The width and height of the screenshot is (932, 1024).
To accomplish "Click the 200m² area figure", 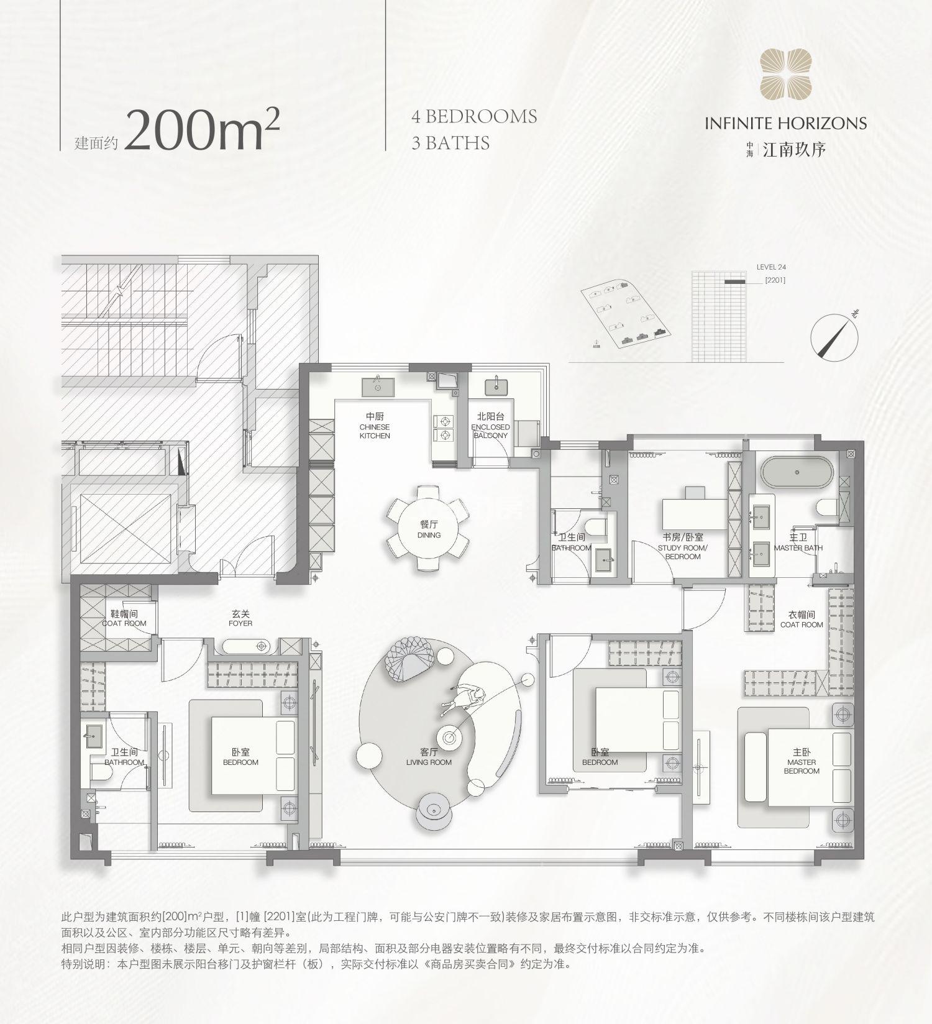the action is point(202,130).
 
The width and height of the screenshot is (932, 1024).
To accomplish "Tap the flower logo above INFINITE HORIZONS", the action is point(785,75).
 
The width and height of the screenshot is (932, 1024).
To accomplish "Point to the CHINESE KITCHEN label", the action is point(375,426).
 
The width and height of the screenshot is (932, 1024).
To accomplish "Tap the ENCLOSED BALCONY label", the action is point(490,426).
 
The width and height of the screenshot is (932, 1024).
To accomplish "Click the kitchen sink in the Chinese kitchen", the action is point(378,386).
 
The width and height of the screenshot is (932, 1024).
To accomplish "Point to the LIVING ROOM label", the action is point(429,757).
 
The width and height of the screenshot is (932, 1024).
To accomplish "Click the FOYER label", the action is point(240,618).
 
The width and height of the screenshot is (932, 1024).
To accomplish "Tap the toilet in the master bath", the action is point(826,508).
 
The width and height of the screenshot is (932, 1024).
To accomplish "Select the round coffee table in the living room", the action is point(449,738).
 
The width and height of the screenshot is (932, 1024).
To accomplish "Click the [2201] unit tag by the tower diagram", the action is point(775,280).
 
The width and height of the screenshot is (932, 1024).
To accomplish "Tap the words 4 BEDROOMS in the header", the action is point(474,117).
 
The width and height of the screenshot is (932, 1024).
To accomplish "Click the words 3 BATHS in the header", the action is point(450,143).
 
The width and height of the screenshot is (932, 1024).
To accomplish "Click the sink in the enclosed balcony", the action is point(496,386).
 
